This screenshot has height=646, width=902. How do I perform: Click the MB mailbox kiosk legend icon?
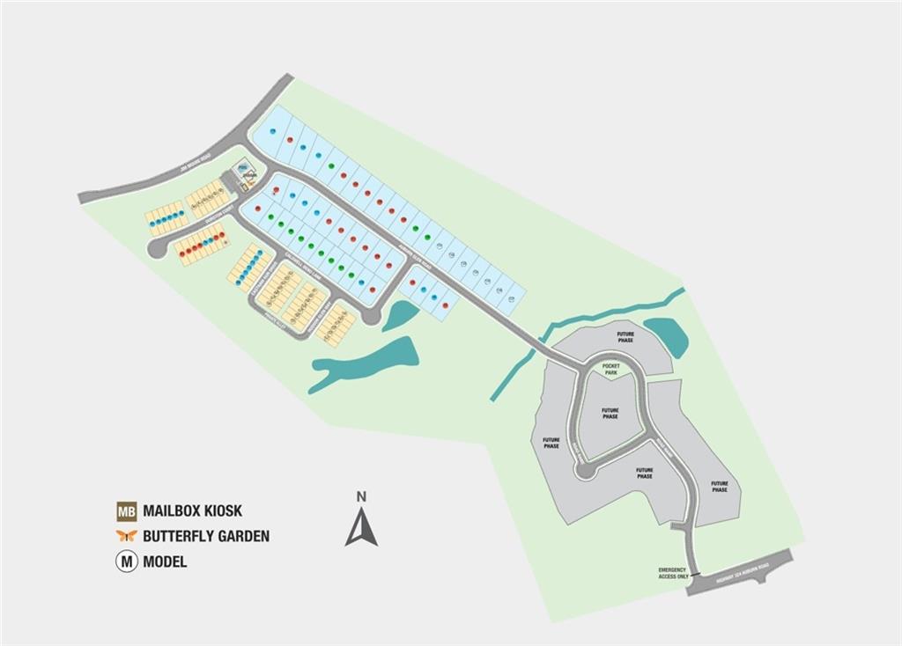click(x=127, y=510)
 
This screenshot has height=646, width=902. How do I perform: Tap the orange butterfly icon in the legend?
click(x=127, y=536)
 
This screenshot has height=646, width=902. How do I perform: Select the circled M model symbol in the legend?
click(x=127, y=562)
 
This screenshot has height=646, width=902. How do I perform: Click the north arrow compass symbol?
click(x=361, y=526)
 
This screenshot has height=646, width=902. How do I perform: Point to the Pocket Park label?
click(x=610, y=369)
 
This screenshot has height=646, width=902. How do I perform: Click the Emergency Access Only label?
click(x=672, y=573)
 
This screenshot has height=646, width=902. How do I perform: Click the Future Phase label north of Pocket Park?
click(x=625, y=337)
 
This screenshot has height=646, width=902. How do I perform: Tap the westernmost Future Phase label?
click(x=551, y=443)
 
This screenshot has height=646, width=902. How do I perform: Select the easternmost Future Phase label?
click(x=720, y=486)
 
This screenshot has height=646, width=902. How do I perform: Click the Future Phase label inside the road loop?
click(x=610, y=413)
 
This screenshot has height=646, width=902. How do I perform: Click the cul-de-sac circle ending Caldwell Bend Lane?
click(x=373, y=318)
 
